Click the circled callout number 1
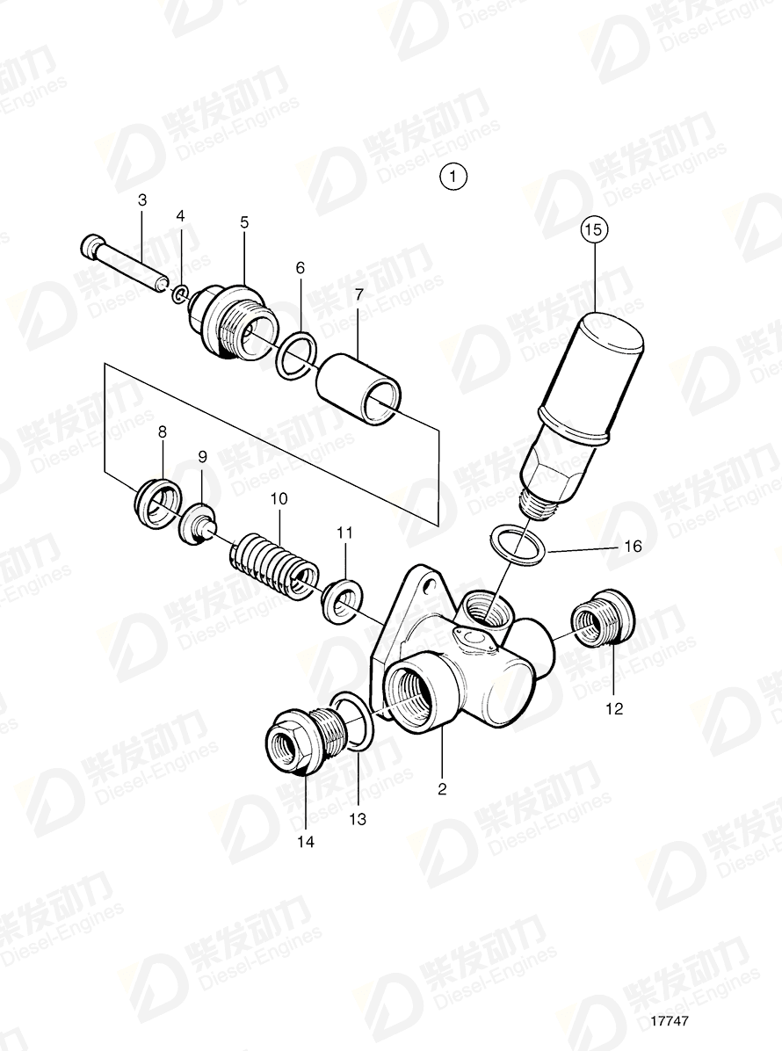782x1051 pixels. (x=453, y=177)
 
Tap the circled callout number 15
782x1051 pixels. (x=594, y=231)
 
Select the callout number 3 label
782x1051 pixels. (x=142, y=200)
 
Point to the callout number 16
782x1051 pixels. (x=633, y=547)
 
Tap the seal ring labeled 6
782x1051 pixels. (x=293, y=355)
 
